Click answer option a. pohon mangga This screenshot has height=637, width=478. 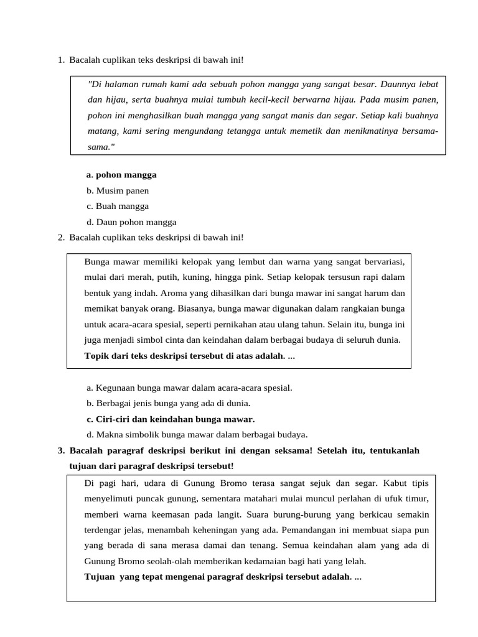[x=122, y=175]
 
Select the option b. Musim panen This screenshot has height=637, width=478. [x=118, y=191]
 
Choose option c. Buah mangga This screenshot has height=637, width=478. [x=118, y=207]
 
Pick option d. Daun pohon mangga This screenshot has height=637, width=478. [x=132, y=222]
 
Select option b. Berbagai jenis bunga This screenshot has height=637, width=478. [x=169, y=404]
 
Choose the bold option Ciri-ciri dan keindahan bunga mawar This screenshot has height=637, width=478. [x=171, y=419]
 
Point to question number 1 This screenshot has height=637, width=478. [x=60, y=60]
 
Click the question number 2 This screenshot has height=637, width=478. [x=60, y=238]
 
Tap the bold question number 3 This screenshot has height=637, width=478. [x=60, y=451]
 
